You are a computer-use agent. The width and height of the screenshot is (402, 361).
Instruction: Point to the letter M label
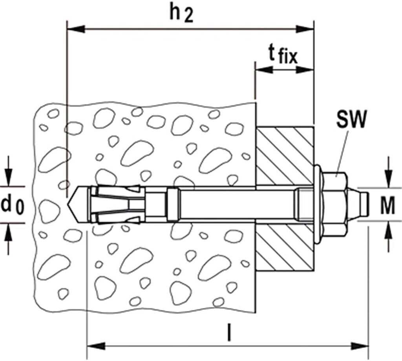click(x=387, y=207)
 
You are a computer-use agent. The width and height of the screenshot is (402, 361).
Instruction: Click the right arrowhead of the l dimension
click(x=360, y=346)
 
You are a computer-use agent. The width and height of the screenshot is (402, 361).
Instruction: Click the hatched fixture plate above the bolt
click(x=285, y=155)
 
